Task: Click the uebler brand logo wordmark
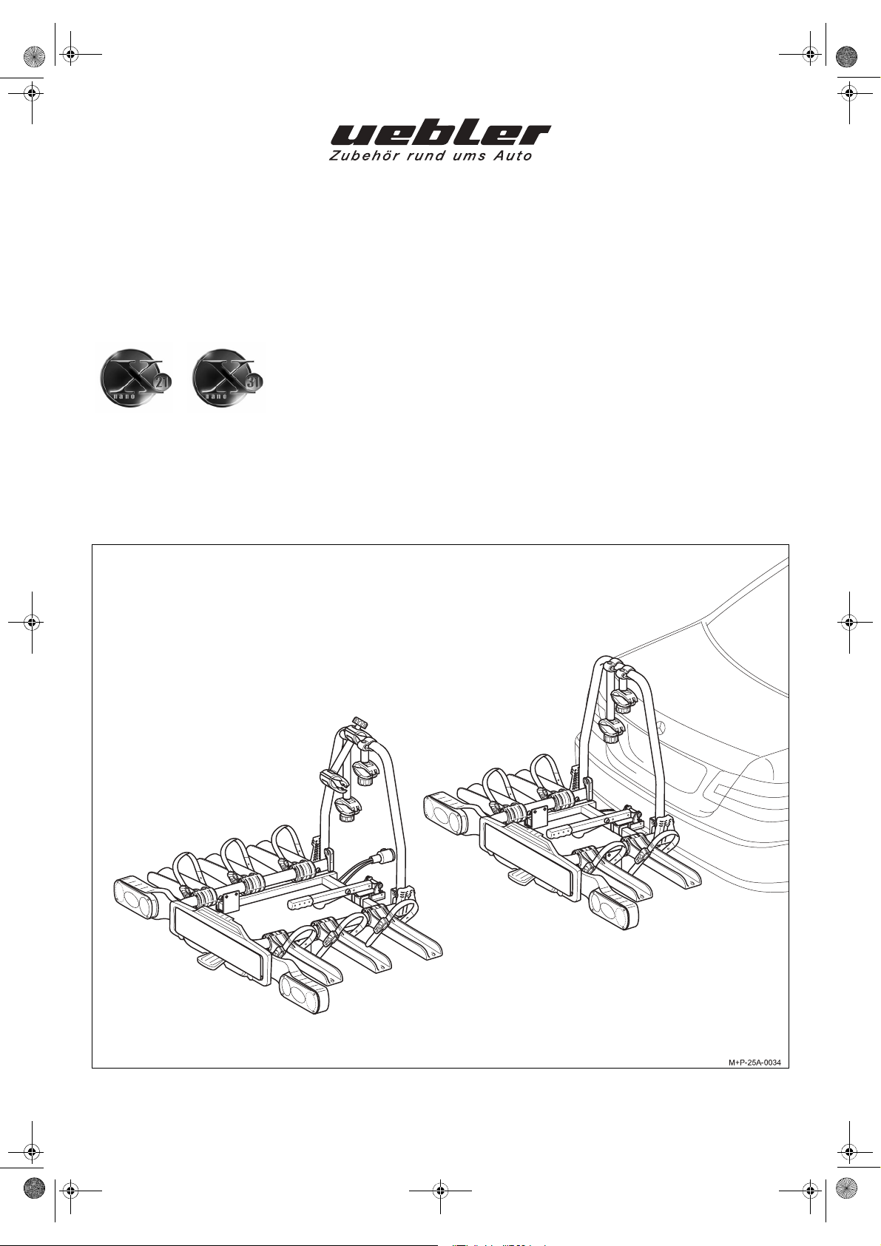coord(440,135)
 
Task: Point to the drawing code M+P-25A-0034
coord(755,1063)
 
